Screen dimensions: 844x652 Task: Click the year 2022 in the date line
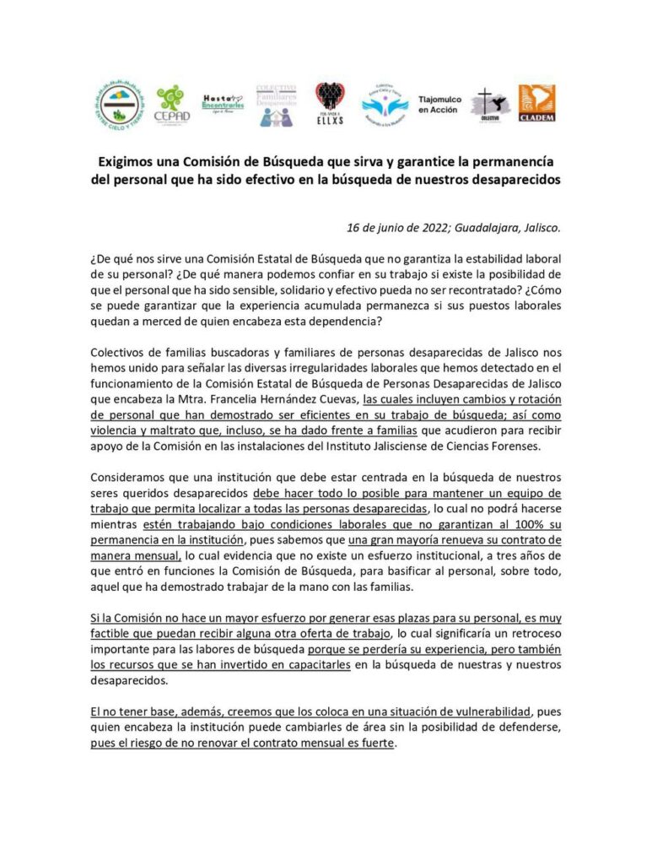(x=433, y=228)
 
